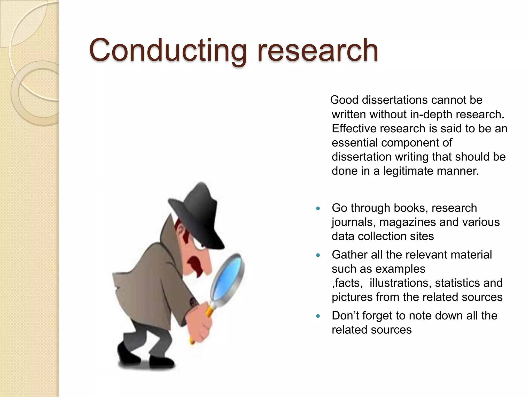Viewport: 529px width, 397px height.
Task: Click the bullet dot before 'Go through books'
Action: coord(318,208)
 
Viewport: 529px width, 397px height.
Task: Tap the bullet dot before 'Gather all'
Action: coord(318,255)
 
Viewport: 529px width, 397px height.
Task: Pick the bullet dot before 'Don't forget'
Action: coord(318,316)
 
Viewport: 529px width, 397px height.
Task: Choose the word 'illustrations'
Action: coord(400,283)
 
